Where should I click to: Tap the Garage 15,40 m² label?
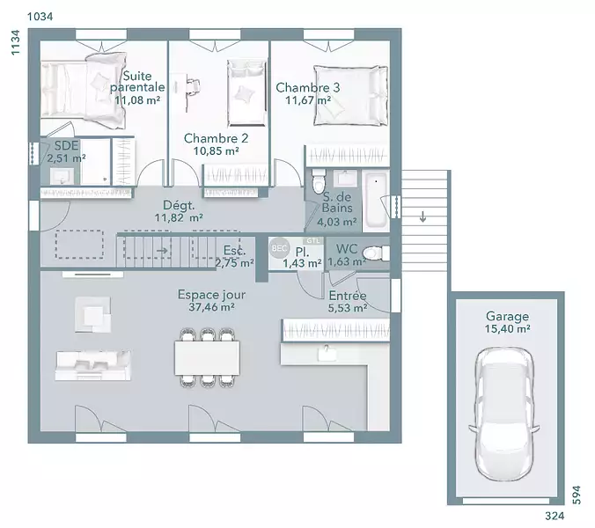(507, 322)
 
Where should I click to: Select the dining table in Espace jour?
(207, 357)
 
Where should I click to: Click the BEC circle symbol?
(279, 248)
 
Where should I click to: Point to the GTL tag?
(313, 241)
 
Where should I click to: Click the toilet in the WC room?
(376, 253)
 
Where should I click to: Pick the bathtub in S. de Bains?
(376, 201)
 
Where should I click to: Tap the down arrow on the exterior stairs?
(422, 216)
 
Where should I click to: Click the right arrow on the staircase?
(162, 250)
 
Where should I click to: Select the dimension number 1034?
(40, 17)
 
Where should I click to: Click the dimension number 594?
(577, 495)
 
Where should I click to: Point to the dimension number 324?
(555, 516)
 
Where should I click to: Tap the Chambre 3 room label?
(308, 88)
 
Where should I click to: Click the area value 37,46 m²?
(211, 307)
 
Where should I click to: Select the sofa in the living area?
(93, 365)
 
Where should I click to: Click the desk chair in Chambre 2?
(194, 85)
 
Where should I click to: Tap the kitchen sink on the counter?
(327, 353)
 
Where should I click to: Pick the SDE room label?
(66, 146)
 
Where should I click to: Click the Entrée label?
(348, 296)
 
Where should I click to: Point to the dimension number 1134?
(15, 42)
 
